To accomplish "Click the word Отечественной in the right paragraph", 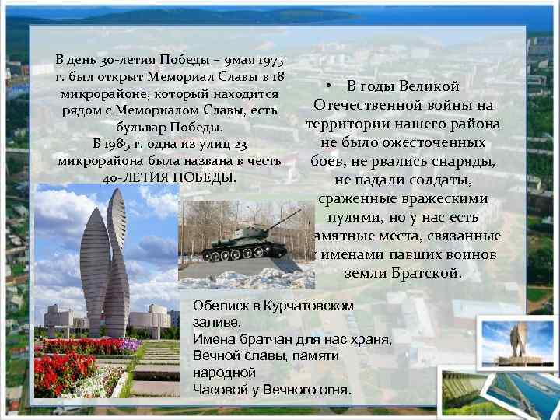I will (366, 105).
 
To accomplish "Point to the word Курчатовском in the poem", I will (305, 306).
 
